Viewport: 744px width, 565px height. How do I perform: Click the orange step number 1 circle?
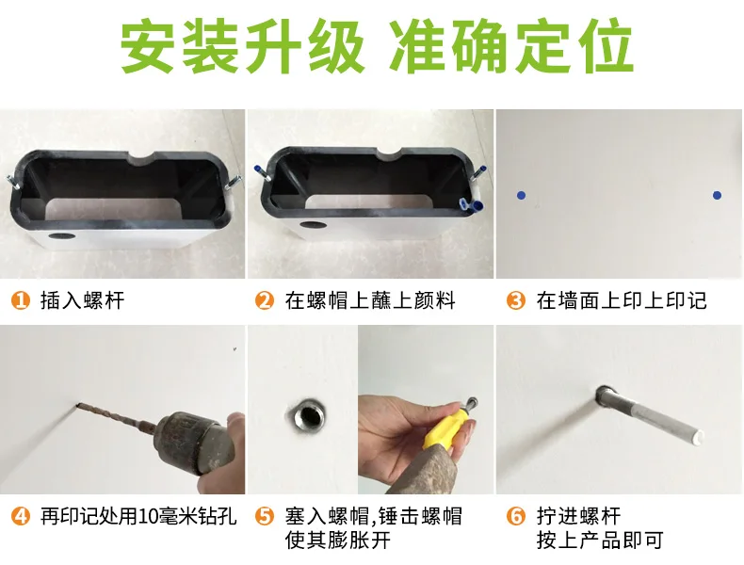point(21,300)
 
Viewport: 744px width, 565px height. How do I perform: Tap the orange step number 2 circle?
point(265,300)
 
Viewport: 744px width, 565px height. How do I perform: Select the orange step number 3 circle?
point(516,300)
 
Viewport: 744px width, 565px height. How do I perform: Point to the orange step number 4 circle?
point(21,516)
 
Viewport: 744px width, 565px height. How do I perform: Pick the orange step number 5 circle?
point(265,516)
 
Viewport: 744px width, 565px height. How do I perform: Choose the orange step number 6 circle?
point(516,516)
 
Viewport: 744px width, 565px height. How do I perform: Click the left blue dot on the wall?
point(521,195)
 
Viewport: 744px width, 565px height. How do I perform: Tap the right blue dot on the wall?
point(717,195)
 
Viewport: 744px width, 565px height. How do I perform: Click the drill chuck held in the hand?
point(195,443)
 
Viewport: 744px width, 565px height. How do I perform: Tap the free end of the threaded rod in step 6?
point(697,437)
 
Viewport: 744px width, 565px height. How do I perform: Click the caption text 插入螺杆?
point(83,300)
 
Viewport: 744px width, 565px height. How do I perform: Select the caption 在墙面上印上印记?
point(622,300)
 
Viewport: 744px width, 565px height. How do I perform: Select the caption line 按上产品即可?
point(600,541)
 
